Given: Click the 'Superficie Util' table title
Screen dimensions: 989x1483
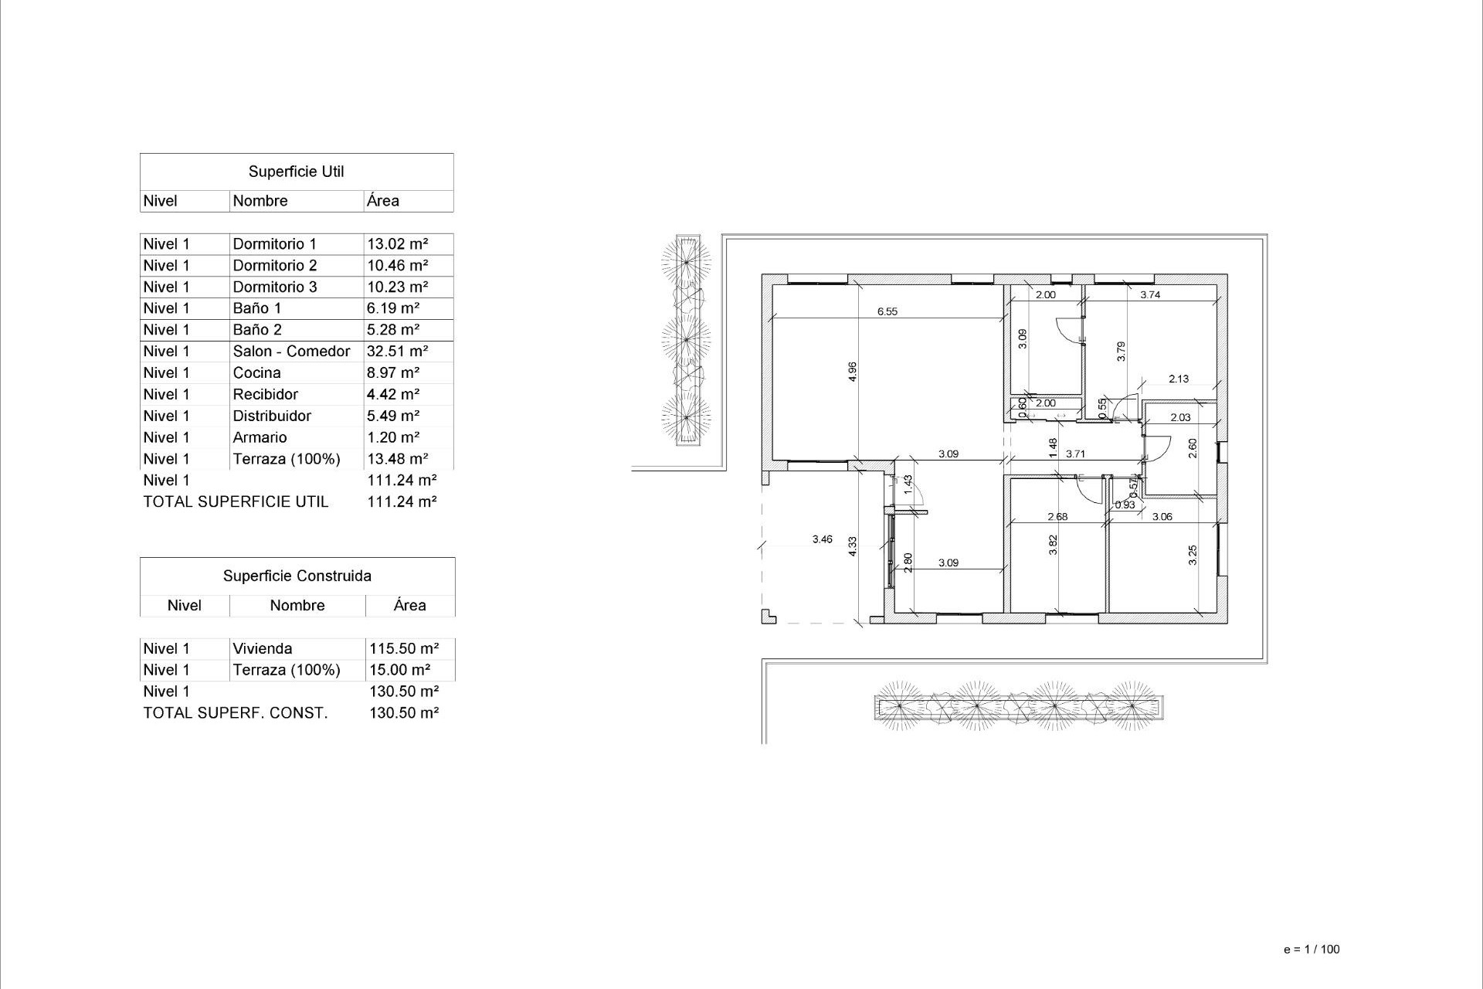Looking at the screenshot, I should coord(296,172).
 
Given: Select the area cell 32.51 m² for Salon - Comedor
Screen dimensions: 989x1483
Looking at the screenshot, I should coord(397,352).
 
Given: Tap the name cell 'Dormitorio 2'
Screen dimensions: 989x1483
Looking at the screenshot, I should coord(274,265).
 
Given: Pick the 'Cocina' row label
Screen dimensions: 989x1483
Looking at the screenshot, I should coord(256,373).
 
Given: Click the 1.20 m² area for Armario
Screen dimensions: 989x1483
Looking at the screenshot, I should coord(392,437).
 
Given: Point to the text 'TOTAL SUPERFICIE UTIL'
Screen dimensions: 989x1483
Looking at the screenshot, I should coord(236,502).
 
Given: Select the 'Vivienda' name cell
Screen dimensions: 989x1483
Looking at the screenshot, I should coord(262,649).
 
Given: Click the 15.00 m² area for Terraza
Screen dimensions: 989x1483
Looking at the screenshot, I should coord(399,671).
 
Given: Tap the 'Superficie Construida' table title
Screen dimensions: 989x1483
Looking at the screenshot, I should coord(297,576).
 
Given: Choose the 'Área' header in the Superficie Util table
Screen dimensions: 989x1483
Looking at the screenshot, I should coord(382,201).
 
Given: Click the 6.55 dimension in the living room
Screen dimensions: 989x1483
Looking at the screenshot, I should coord(887,312).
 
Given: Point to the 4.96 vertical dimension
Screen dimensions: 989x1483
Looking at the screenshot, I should coord(852,372).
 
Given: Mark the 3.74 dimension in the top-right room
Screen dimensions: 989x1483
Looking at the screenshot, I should coord(1150,294).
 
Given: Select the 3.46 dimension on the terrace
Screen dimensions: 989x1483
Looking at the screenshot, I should coord(822,539).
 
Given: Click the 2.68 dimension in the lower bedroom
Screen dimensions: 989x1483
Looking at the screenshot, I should coord(1057,517).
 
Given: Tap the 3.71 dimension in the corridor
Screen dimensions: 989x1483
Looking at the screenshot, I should coord(1075,454).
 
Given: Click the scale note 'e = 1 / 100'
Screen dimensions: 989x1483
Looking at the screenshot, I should coord(1311,950).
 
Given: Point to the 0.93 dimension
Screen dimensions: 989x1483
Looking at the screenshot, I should coord(1125,505).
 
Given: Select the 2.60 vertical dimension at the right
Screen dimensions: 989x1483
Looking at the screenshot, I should coord(1192,447).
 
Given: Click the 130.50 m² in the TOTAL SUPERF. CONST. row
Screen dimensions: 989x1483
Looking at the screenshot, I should coord(403,713).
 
